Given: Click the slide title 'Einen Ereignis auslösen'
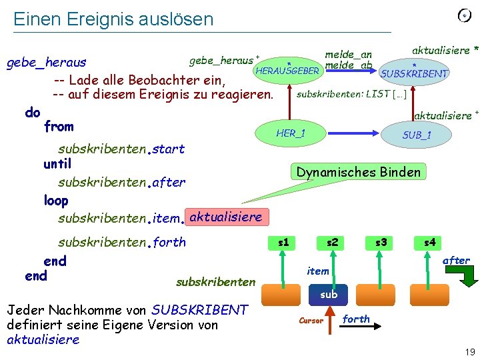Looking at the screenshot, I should (x=113, y=19).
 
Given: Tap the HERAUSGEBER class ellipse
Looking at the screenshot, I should (x=288, y=70).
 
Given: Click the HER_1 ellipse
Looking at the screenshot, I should (x=291, y=133).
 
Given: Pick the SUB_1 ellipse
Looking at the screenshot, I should (x=417, y=135).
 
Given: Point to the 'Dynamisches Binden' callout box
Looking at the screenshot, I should (x=359, y=172).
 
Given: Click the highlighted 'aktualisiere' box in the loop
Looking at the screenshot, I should (x=226, y=217).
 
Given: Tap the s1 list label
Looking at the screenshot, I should (x=283, y=242).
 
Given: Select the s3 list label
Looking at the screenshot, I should (x=381, y=242).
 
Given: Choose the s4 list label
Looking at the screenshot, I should (x=429, y=242).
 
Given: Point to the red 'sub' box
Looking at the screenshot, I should (x=329, y=294).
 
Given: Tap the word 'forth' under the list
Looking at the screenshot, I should (x=356, y=319).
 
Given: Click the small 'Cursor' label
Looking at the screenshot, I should (x=311, y=321).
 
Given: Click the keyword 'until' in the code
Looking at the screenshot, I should (x=57, y=163).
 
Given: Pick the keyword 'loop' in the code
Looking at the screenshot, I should (x=55, y=200).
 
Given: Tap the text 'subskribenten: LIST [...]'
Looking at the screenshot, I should (x=351, y=93).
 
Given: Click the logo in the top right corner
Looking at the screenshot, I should (x=464, y=15).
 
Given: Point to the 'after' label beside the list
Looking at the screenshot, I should (x=456, y=260).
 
